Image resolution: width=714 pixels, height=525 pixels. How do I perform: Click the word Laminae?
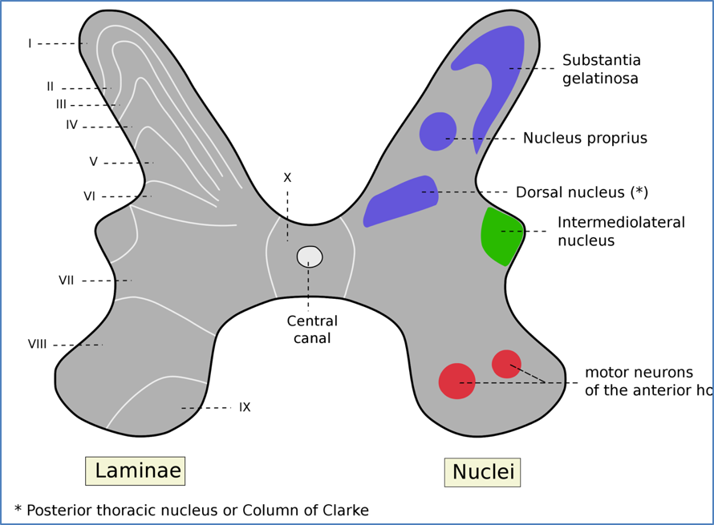click(x=137, y=470)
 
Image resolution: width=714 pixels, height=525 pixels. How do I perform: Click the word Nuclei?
click(x=482, y=472)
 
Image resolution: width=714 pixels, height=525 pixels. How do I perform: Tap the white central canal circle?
click(x=310, y=256)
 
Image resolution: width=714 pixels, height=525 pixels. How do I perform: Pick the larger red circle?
click(x=456, y=382)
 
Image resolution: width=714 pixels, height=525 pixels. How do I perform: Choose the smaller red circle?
click(x=506, y=363)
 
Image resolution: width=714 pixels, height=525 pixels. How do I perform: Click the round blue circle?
click(x=437, y=131)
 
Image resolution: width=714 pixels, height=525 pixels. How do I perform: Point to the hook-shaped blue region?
click(x=497, y=72)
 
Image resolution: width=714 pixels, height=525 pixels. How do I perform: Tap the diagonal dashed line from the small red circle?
click(x=528, y=374)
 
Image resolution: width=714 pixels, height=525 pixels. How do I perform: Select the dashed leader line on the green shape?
click(x=512, y=232)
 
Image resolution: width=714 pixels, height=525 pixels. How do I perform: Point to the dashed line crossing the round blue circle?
click(x=468, y=139)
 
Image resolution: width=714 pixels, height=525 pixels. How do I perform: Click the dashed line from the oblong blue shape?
click(x=449, y=192)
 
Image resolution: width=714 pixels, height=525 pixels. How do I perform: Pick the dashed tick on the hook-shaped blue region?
click(x=520, y=69)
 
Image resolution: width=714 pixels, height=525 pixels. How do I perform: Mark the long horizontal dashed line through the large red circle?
click(x=513, y=383)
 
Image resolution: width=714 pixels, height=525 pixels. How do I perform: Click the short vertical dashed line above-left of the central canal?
click(x=287, y=231)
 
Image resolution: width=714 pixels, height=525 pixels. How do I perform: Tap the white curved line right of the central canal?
click(x=351, y=256)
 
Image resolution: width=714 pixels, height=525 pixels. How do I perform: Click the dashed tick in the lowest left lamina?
click(x=189, y=408)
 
